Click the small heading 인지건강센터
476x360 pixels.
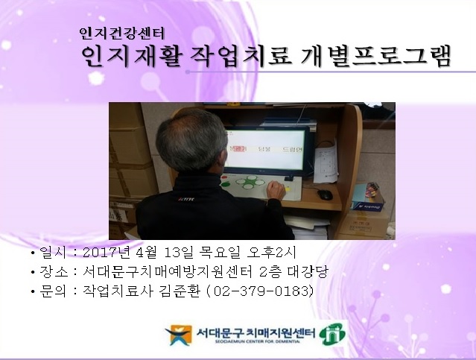pos(127,34)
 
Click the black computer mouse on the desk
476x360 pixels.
pos(325,195)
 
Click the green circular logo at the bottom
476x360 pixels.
pos(333,334)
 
